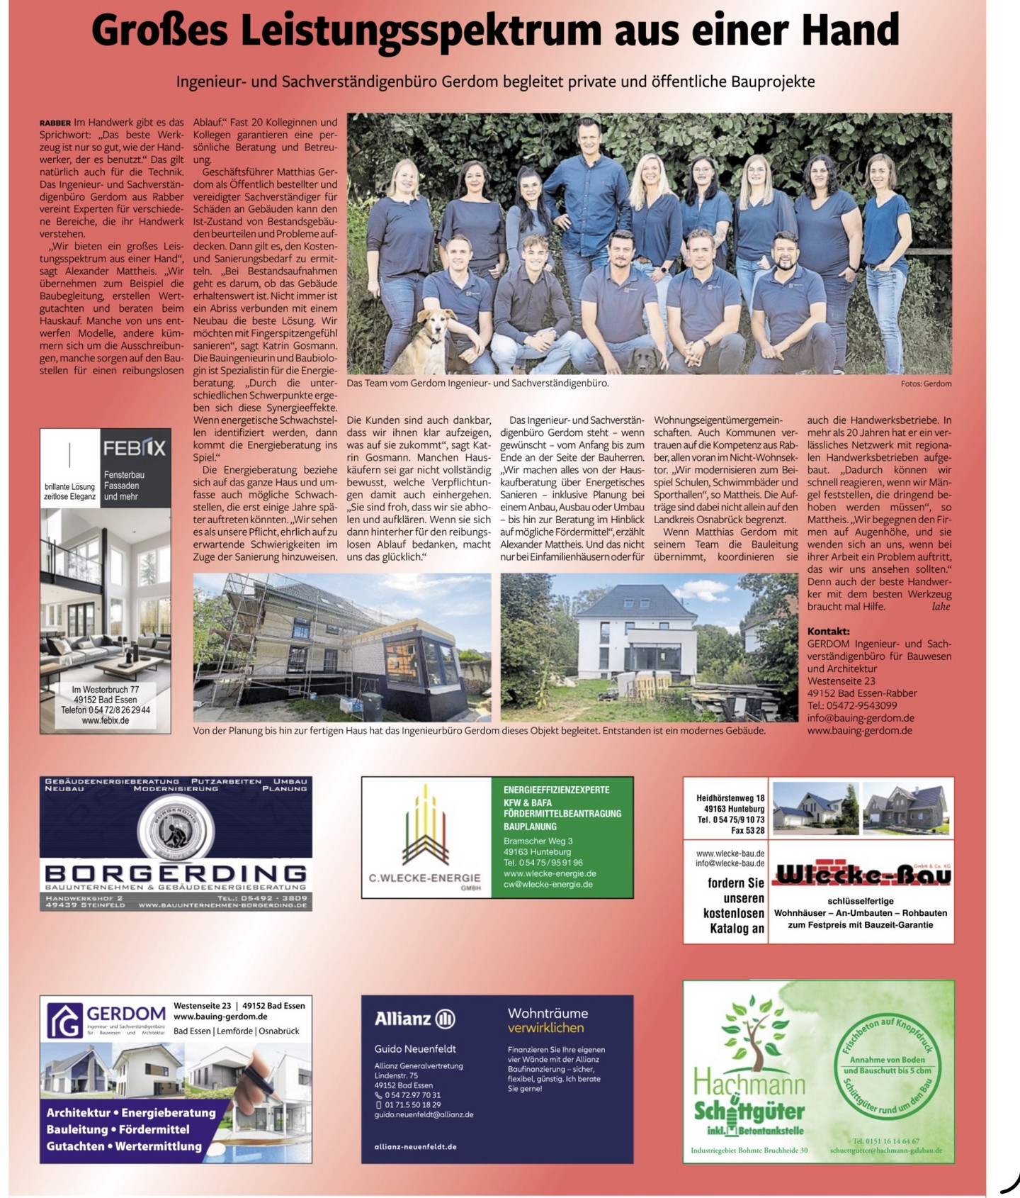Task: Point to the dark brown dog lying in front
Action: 644,361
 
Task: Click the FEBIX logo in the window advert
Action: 135,448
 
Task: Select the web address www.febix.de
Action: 106,720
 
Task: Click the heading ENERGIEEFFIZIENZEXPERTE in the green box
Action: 556,790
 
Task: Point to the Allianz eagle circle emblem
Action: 445,1019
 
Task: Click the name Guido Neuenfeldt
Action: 415,1048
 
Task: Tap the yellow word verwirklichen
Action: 545,1028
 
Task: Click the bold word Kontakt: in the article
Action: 828,631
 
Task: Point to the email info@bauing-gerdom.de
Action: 860,717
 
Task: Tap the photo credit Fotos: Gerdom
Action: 926,384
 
